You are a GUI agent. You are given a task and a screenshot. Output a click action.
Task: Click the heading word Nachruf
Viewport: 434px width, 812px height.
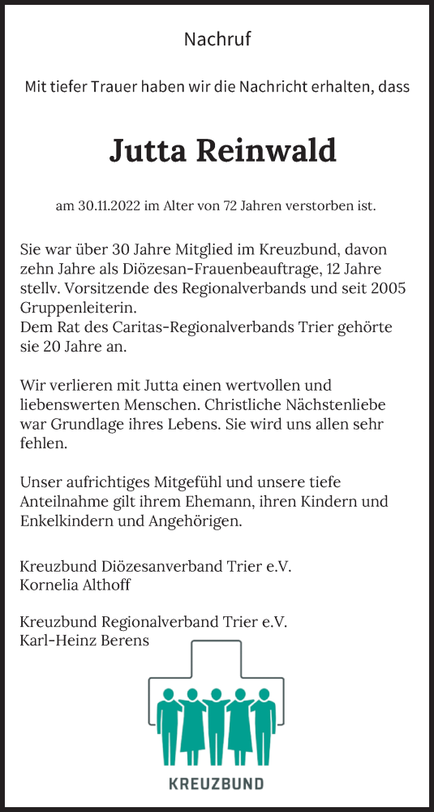coord(217,39)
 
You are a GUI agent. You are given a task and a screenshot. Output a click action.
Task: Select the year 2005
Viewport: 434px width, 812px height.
coord(388,289)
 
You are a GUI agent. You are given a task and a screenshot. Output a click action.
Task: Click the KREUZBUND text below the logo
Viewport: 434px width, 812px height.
coord(216,784)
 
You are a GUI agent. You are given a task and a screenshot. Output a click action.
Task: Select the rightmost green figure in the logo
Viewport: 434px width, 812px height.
coord(263,727)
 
